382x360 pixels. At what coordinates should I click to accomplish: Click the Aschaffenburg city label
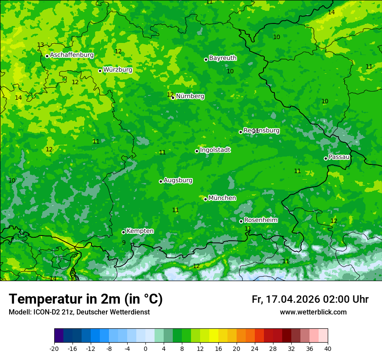[72, 55]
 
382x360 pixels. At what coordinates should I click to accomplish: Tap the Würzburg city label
[118, 70]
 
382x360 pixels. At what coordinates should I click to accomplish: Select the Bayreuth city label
[223, 58]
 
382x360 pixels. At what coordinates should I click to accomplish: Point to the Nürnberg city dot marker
[173, 98]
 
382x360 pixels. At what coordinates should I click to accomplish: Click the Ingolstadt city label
[215, 150]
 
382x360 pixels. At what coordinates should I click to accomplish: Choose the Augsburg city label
[178, 180]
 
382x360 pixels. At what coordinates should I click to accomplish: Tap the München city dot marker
[206, 199]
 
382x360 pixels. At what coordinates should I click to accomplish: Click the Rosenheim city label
[260, 220]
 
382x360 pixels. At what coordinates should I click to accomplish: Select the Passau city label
[339, 157]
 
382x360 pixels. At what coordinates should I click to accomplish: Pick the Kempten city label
[140, 231]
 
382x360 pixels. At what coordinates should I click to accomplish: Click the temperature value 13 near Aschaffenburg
[40, 45]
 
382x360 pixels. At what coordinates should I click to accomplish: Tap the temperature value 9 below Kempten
[124, 242]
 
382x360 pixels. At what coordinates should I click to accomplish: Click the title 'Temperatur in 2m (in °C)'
[86, 299]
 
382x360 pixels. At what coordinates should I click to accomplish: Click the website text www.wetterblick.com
[313, 312]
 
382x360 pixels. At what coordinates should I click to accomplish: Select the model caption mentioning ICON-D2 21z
[79, 312]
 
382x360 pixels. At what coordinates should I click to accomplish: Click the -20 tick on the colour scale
[54, 349]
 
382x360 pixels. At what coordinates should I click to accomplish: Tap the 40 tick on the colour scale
[328, 349]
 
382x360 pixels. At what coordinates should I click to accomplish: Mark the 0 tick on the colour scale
[145, 349]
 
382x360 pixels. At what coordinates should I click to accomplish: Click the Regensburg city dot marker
[240, 132]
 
